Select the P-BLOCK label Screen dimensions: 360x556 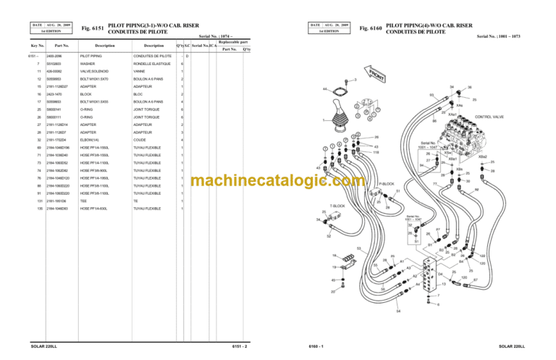(387, 184)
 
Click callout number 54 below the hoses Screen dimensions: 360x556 (399, 312)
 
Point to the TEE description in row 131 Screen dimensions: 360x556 (83, 201)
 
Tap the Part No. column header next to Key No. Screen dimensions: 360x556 (52, 46)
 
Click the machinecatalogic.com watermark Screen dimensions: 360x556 (277, 181)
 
